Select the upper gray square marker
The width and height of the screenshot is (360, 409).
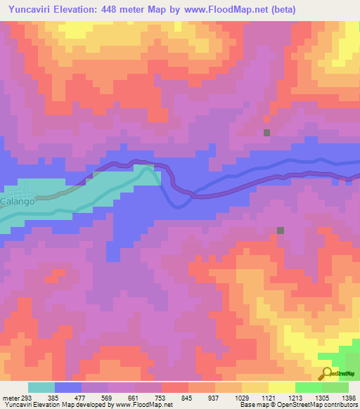(267, 132)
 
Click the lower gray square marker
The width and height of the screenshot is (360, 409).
(281, 231)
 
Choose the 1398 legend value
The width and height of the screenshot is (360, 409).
(347, 397)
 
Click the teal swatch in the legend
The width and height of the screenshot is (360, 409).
(41, 387)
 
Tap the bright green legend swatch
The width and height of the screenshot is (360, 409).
(308, 387)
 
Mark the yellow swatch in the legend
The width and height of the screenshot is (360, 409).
(281, 387)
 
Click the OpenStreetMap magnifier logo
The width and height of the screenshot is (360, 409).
(326, 373)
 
